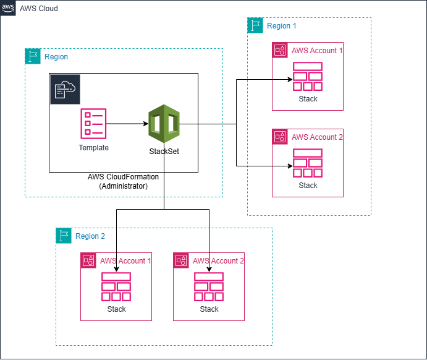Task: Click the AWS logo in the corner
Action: pyautogui.click(x=8, y=8)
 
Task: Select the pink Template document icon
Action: pyautogui.click(x=93, y=124)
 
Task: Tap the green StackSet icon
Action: pyautogui.click(x=164, y=124)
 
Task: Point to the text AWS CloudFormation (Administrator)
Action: pyautogui.click(x=124, y=181)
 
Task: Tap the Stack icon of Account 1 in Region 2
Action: pyautogui.click(x=116, y=287)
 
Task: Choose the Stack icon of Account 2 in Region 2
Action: pyautogui.click(x=209, y=287)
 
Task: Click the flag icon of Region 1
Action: pyautogui.click(x=255, y=25)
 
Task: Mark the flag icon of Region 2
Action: pyautogui.click(x=64, y=236)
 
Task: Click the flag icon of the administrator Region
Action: pyautogui.click(x=33, y=56)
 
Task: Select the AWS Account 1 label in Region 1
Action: pyautogui.click(x=317, y=50)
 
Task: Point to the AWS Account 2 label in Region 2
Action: pyautogui.click(x=218, y=260)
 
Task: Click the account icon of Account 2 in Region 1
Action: pyautogui.click(x=280, y=137)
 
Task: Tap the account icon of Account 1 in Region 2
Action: pyautogui.click(x=88, y=260)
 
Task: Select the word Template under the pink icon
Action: pyautogui.click(x=93, y=148)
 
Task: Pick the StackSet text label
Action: pyautogui.click(x=164, y=151)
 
